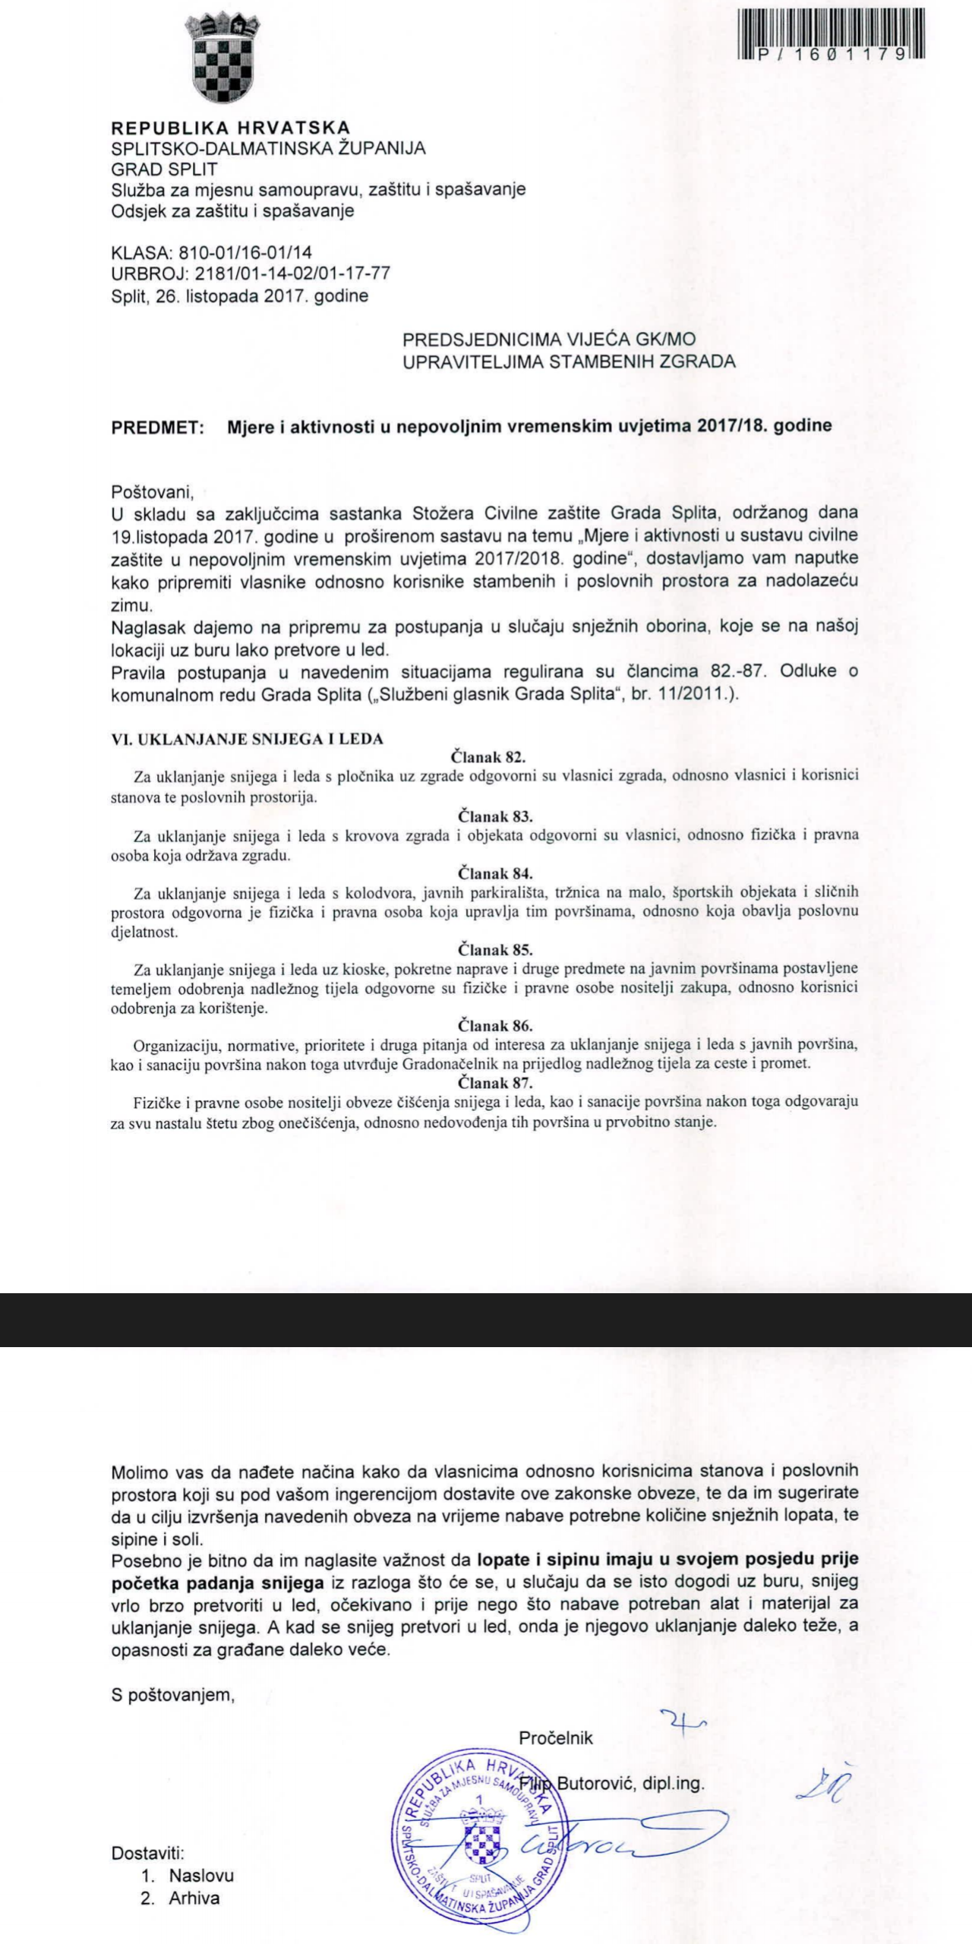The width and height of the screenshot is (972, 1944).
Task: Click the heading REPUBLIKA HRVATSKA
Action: (231, 128)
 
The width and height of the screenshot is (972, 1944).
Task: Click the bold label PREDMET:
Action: (157, 427)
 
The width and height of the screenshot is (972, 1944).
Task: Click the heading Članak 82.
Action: (488, 756)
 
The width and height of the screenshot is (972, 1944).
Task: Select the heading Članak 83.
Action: (495, 816)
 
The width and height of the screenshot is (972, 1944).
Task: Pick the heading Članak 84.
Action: (495, 873)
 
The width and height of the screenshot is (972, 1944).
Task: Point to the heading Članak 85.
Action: (495, 949)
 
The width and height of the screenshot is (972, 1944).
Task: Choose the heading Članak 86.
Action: (495, 1026)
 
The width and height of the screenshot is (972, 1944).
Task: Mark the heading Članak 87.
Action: (495, 1082)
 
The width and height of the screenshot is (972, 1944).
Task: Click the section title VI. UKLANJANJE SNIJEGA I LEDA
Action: (248, 738)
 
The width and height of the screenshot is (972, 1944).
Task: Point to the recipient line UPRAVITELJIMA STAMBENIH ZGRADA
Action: (569, 361)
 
